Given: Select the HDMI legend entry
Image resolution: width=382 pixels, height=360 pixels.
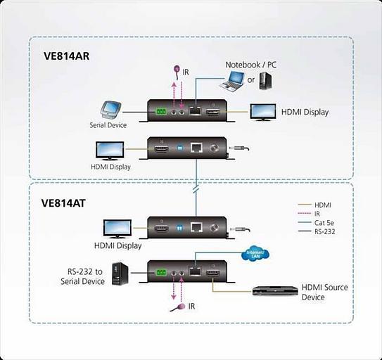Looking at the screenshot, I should click(x=324, y=205).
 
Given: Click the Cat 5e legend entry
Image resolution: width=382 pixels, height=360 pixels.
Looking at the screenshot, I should click(x=324, y=221).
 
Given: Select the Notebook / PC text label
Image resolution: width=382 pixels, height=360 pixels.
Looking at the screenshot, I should click(x=251, y=64).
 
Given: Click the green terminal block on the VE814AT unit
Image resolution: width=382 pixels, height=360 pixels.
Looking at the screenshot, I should click(x=160, y=269).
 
